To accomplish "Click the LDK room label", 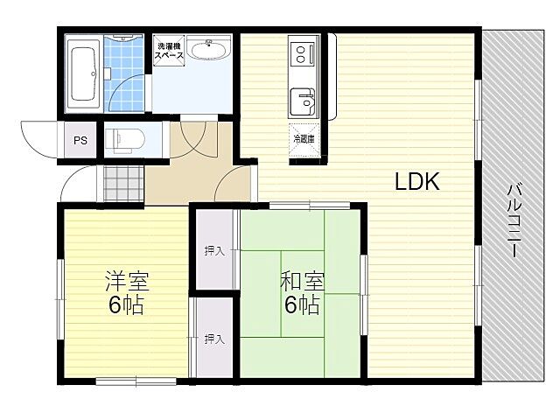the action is click(416, 181).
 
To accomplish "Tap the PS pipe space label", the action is click(80, 140).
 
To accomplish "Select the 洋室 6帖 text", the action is click(126, 292).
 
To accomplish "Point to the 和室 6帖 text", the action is click(302, 292).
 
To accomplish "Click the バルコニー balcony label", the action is click(514, 220).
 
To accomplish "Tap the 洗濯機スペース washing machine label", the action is click(169, 51).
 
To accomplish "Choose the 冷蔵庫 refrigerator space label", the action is click(304, 139).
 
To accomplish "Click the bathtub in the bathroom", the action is click(85, 74).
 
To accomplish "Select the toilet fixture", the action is click(124, 140).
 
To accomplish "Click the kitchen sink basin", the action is click(303, 101).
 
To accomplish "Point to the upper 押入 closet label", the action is click(214, 251).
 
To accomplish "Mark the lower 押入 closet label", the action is click(214, 339).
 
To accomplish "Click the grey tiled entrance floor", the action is click(124, 184).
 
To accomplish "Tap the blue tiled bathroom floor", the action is click(123, 73).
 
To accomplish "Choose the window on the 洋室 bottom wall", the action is click(136, 381).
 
